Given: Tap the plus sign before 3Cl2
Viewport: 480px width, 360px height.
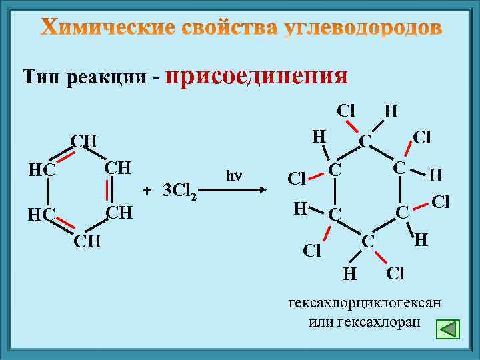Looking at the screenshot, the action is pos(149,190).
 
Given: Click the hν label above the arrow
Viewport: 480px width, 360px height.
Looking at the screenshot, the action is pos(233,176).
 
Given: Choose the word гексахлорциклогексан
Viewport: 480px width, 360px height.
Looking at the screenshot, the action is pos(364,303).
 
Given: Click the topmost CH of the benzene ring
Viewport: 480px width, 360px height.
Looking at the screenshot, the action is pos(85,141).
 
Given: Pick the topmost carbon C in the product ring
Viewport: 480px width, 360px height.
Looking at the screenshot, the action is pos(365,141).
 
